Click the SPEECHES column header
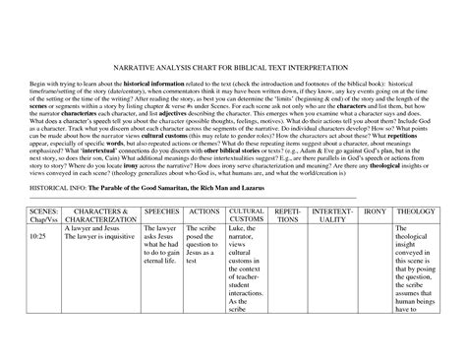[161, 211]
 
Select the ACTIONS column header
[203, 211]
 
